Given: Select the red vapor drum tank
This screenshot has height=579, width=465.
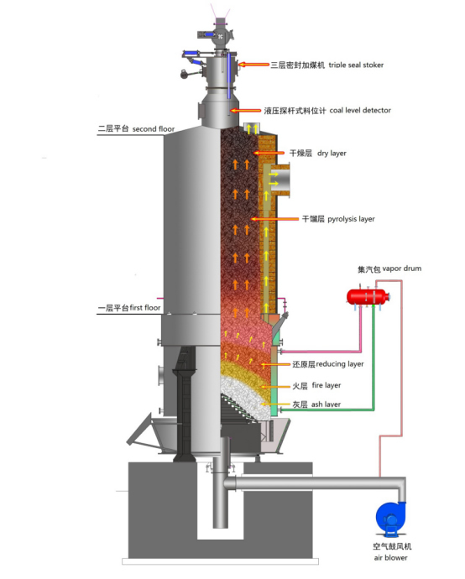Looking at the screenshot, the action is coord(368,296).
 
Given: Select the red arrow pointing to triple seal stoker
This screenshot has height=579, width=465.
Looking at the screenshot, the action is coord(253,65).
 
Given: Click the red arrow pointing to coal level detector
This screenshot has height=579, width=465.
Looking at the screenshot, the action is coord(246,111).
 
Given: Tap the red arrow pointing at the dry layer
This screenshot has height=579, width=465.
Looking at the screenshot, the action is coord(269,153).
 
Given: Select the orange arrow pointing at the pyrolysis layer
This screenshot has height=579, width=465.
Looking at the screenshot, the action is coord(274,219).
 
